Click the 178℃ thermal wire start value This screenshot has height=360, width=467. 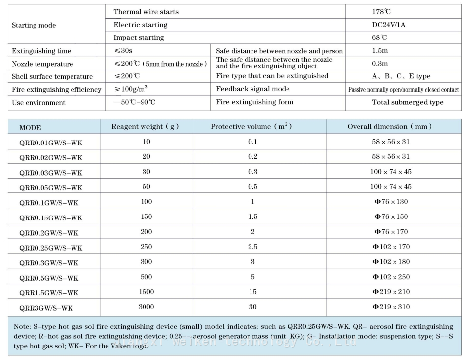click(381, 12)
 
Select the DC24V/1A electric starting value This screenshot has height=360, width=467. click(389, 25)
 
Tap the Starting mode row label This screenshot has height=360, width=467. click(34, 25)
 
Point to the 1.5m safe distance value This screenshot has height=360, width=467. click(380, 51)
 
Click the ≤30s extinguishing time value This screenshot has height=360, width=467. click(123, 51)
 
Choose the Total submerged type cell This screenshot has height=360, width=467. click(407, 102)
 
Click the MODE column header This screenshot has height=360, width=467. click(31, 127)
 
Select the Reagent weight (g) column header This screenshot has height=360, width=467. click(145, 127)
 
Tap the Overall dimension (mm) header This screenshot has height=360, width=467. click(390, 127)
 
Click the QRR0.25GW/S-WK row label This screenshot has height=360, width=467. click(51, 248)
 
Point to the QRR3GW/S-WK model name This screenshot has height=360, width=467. click(46, 308)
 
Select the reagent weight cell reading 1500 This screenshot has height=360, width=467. click(146, 292)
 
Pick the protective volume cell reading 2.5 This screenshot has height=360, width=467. click(252, 247)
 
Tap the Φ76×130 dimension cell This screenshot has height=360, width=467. click(391, 201)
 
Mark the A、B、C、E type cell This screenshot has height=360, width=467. click(401, 76)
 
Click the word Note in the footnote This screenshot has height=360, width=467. click(22, 326)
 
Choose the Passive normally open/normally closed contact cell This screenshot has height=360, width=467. click(403, 90)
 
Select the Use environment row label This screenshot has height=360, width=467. click(38, 103)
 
